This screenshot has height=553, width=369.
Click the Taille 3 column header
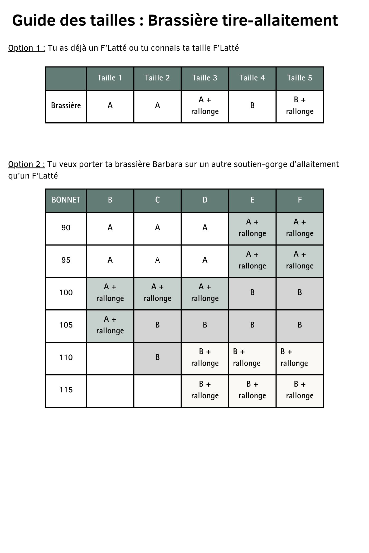[205, 78]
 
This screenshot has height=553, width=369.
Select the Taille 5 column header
[300, 78]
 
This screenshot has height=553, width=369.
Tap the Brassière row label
[66, 106]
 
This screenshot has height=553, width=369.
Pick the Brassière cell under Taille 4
[252, 106]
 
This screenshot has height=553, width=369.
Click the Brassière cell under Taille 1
[110, 106]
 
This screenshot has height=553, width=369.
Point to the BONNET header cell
[66, 200]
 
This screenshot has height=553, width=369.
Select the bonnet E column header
[252, 200]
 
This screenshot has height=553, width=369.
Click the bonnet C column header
[157, 200]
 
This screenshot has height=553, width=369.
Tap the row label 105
[66, 325]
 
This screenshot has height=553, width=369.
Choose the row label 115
[66, 390]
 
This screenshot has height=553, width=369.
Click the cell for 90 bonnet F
[300, 228]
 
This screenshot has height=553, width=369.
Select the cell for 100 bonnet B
[110, 293]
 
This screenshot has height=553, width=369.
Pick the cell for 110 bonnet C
[157, 358]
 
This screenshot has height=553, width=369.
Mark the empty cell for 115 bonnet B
[110, 391]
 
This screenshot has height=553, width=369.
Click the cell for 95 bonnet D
[205, 261]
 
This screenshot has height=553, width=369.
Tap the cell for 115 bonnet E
[252, 390]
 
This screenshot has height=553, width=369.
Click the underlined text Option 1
[27, 48]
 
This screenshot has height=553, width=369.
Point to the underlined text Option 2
[27, 165]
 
